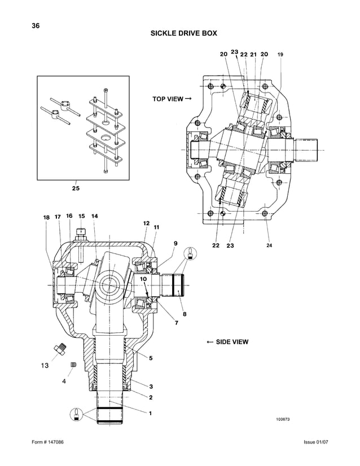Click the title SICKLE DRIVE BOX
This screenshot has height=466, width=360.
point(183,33)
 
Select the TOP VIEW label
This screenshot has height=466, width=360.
point(172,99)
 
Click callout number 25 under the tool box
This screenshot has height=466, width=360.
point(75,189)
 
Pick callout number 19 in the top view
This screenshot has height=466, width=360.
point(280,55)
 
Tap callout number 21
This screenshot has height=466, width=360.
point(253,54)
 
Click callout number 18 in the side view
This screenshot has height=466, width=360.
point(46,217)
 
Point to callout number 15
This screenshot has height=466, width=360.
point(81,216)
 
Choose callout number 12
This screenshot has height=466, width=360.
point(146,223)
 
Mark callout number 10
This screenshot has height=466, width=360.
point(143,279)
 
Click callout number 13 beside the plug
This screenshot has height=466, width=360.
point(45,366)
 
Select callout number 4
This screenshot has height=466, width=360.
point(64,381)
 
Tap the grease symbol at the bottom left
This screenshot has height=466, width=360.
point(74,412)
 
